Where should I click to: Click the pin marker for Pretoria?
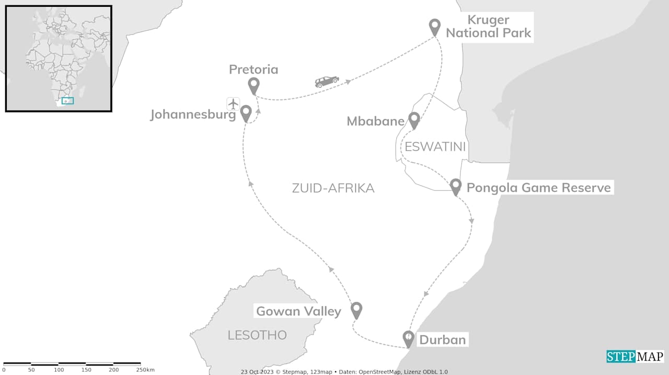[x=253, y=85]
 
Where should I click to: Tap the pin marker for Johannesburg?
[x=246, y=112]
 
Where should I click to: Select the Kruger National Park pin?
[x=434, y=26]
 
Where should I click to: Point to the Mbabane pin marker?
[x=414, y=120]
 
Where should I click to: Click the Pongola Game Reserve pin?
[x=455, y=186]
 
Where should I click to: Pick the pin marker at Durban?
[x=409, y=338]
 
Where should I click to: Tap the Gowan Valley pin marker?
[x=356, y=310]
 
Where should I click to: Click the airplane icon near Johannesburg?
[x=233, y=104]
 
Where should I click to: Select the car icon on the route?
[x=327, y=82]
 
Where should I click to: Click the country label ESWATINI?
[x=435, y=146]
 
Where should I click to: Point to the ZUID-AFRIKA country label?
[x=333, y=188]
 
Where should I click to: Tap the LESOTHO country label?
[x=257, y=335]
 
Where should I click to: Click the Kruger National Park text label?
[x=488, y=27]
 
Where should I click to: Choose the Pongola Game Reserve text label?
[x=538, y=187]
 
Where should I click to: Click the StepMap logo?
[x=635, y=356]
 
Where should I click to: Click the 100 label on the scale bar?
[x=59, y=370]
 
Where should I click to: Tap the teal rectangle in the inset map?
[x=67, y=100]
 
